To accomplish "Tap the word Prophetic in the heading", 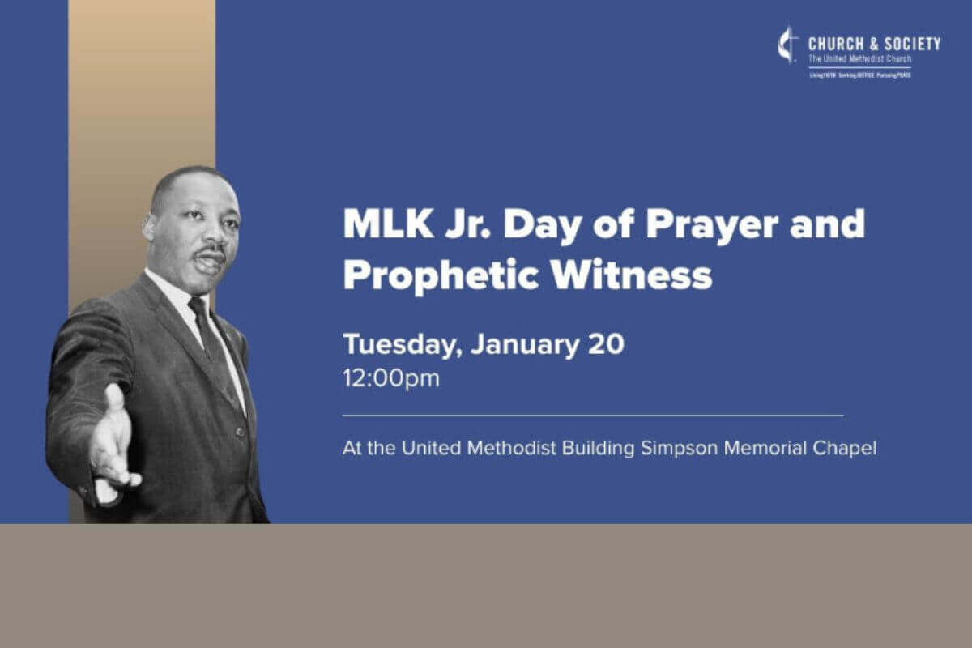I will (x=430, y=275).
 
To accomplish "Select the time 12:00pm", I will (x=390, y=378).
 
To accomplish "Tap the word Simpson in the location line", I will (x=680, y=448).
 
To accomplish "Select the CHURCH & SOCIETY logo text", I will (x=874, y=44).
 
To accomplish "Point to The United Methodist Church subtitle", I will (x=859, y=59).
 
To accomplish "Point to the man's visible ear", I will (x=151, y=229).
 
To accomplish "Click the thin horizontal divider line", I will (x=592, y=416).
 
